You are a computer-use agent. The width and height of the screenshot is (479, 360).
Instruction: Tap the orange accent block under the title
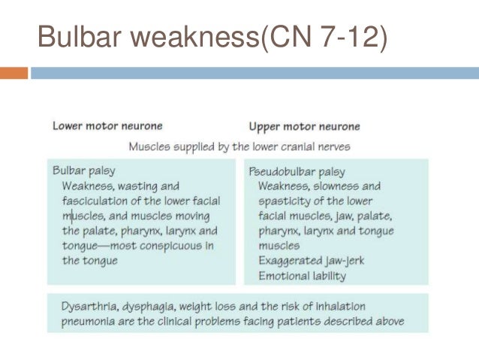tap(14, 73)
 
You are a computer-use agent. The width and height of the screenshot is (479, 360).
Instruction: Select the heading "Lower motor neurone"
tap(107, 126)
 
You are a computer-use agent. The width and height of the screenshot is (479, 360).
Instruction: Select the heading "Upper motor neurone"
tap(304, 126)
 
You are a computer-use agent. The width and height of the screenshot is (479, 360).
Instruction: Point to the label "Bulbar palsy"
tap(85, 171)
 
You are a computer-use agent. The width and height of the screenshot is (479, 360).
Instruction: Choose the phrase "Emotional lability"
tap(302, 276)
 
